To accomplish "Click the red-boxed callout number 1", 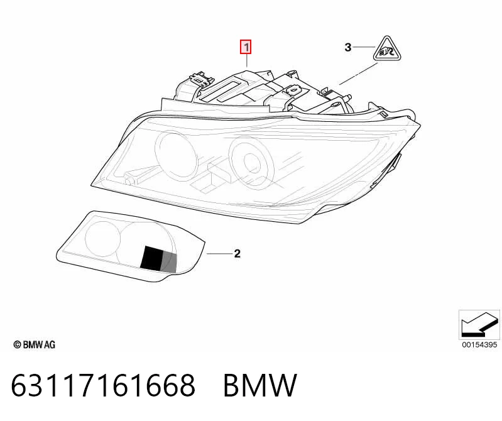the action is click(246, 47).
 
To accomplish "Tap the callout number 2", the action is click(237, 254).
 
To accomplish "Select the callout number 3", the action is click(348, 47).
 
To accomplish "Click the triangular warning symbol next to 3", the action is click(387, 48).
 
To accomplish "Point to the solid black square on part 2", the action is click(152, 258).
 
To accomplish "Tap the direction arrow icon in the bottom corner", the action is click(479, 324).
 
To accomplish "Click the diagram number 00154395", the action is click(479, 344).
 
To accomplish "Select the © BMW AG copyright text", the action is click(35, 344).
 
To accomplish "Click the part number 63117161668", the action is click(103, 385).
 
